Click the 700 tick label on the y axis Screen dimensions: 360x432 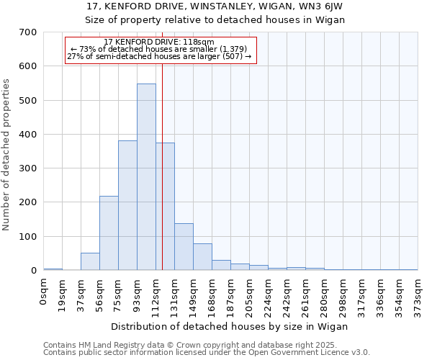coord(28,32)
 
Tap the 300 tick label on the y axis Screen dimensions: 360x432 coord(28,168)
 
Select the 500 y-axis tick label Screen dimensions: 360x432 coord(28,101)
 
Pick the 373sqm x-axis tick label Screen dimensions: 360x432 coord(418,295)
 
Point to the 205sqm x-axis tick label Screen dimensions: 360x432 coord(250,295)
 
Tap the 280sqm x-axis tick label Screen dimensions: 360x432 coord(325,295)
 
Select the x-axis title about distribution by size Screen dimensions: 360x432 coord(230,326)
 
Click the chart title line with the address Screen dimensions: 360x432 coord(215,6)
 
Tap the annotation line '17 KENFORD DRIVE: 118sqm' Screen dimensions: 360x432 coord(159,42)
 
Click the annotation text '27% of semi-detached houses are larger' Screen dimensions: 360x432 coord(159,56)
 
